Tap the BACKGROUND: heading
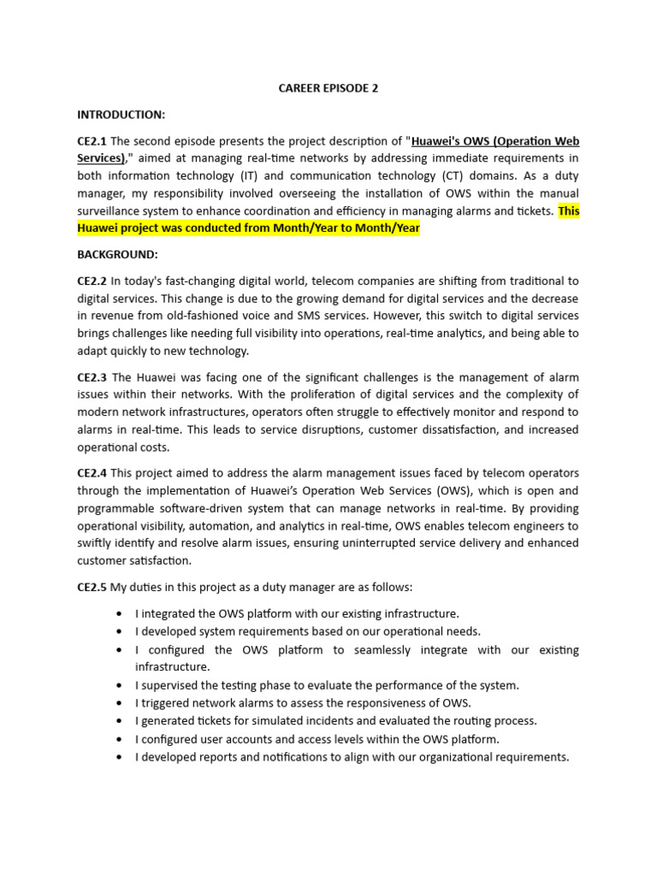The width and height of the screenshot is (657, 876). pyautogui.click(x=117, y=255)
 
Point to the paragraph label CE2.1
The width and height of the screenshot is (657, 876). pyautogui.click(x=92, y=140)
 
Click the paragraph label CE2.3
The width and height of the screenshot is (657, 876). pyautogui.click(x=92, y=376)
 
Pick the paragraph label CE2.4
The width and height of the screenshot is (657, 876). pyautogui.click(x=92, y=473)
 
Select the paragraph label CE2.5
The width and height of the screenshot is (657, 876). pyautogui.click(x=92, y=587)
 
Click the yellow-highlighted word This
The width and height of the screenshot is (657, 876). pyautogui.click(x=568, y=211)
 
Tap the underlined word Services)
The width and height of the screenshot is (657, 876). pyautogui.click(x=101, y=158)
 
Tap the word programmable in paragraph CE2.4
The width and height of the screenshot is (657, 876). pyautogui.click(x=119, y=508)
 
